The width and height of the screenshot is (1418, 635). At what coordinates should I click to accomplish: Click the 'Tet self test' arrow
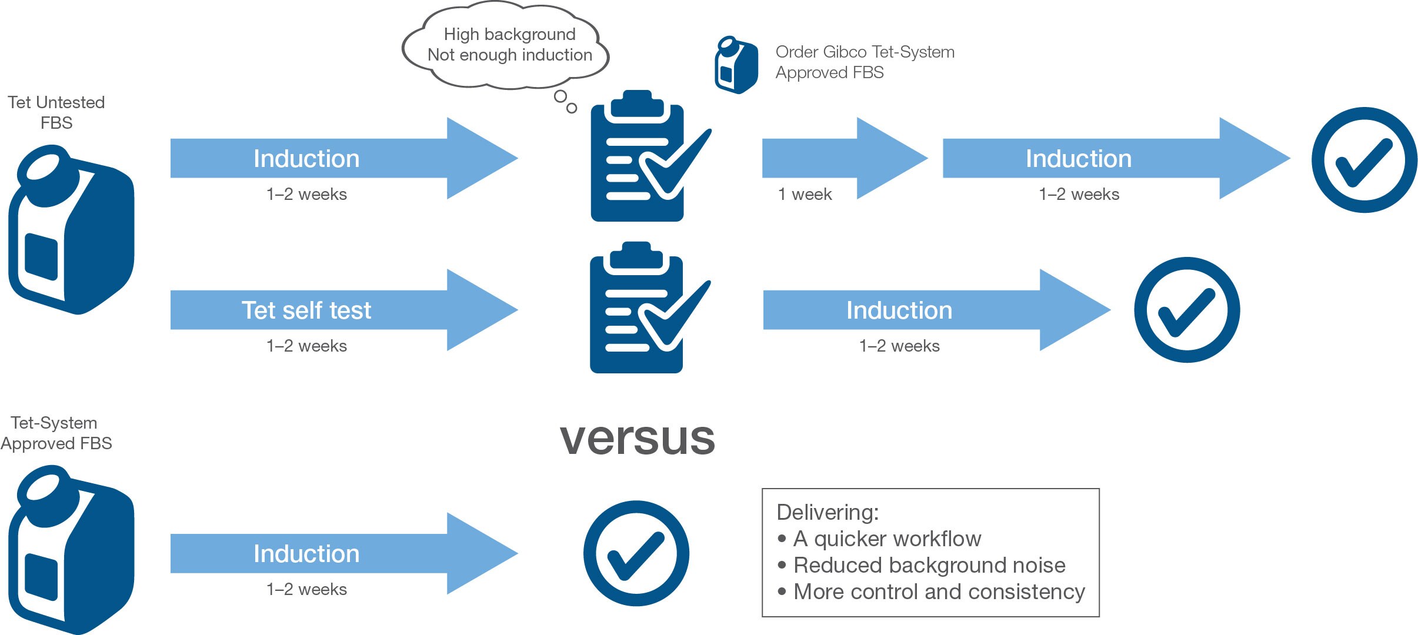(x=329, y=310)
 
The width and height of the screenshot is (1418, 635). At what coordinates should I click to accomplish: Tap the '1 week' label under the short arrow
(x=805, y=195)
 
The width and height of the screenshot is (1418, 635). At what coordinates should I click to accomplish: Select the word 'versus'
(x=637, y=438)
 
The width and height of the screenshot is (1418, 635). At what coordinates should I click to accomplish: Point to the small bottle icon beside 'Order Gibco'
(x=735, y=65)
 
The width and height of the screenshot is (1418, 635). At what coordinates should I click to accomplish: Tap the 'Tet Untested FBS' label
(x=56, y=112)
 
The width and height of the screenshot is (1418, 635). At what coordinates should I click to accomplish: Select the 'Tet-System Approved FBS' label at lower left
(x=55, y=433)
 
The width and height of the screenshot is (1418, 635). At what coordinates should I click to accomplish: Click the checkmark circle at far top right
(x=1364, y=160)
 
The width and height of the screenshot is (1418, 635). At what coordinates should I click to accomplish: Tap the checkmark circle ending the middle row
(x=1186, y=310)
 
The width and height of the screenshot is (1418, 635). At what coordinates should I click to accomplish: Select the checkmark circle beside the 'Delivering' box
(x=636, y=553)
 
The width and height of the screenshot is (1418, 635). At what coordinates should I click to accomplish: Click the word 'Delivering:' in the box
(x=827, y=512)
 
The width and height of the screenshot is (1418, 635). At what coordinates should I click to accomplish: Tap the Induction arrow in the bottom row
(x=329, y=553)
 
